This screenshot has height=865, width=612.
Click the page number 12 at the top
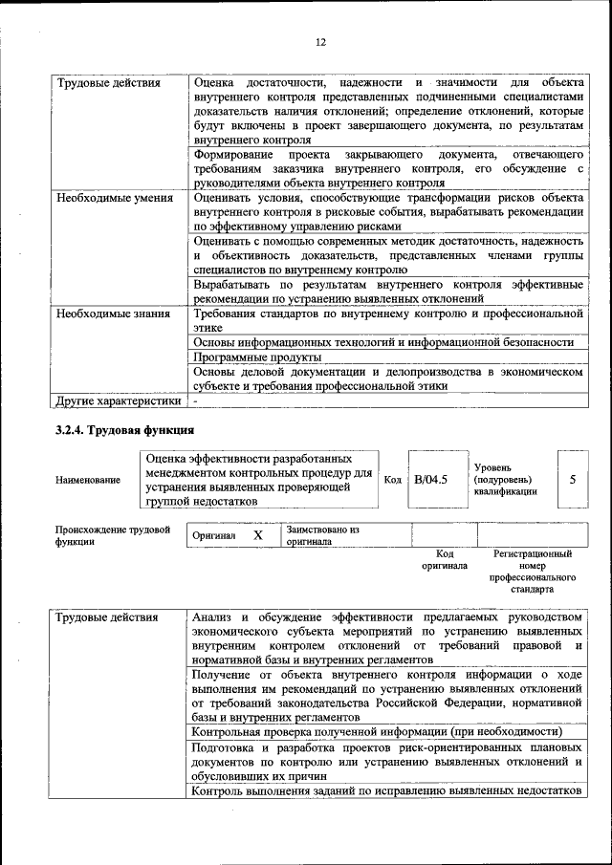coord(320,41)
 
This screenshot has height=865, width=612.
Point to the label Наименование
coord(87,480)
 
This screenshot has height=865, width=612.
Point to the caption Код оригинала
coord(445,559)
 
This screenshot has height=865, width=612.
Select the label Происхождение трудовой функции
coord(112,534)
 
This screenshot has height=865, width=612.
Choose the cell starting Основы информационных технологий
coord(382,341)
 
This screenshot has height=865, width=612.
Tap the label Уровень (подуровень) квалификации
coord(505,479)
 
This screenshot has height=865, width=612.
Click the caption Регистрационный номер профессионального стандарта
coord(532,572)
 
